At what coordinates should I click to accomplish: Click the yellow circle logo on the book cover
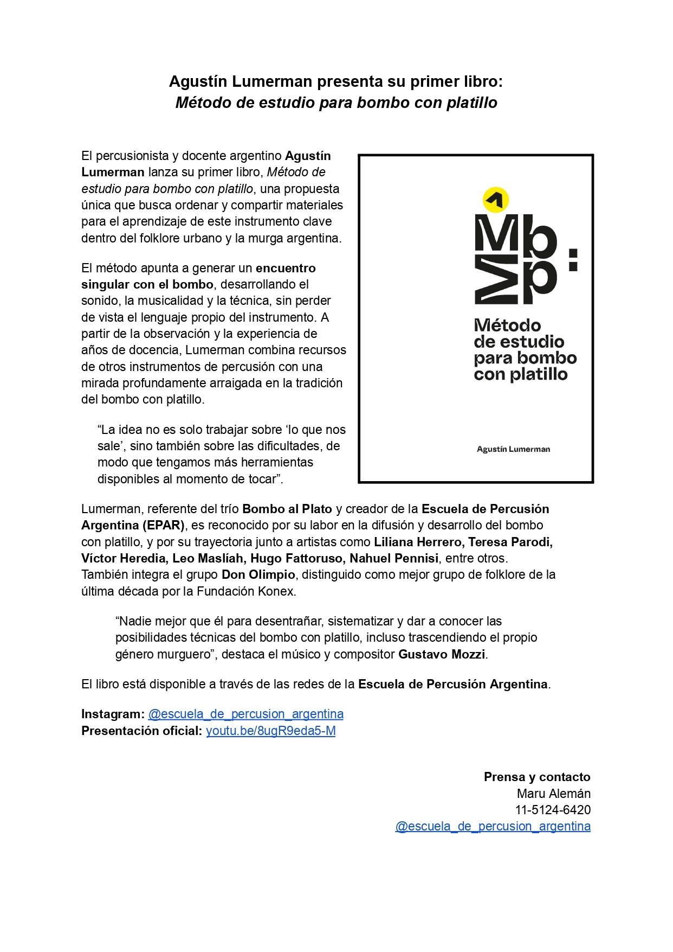pos(495,199)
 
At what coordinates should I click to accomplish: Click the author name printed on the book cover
pos(513,449)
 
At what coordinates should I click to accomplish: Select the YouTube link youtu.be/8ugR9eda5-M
pos(270,731)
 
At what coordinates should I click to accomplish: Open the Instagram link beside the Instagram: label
pos(245,714)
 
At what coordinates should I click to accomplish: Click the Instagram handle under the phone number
pos(493,826)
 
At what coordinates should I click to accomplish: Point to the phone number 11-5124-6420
pos(552,810)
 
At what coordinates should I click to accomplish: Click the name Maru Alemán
pos(553,794)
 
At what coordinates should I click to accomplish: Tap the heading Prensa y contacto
pos(536,777)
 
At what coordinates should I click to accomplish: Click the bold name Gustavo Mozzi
pos(442,654)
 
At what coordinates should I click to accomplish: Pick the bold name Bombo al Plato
pos(287,509)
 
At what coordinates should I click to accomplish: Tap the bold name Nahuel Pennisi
pos(394,558)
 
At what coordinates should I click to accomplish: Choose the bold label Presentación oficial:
pos(141,731)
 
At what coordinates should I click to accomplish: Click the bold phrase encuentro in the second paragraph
pos(286,268)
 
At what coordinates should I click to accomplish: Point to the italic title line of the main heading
pos(336,103)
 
